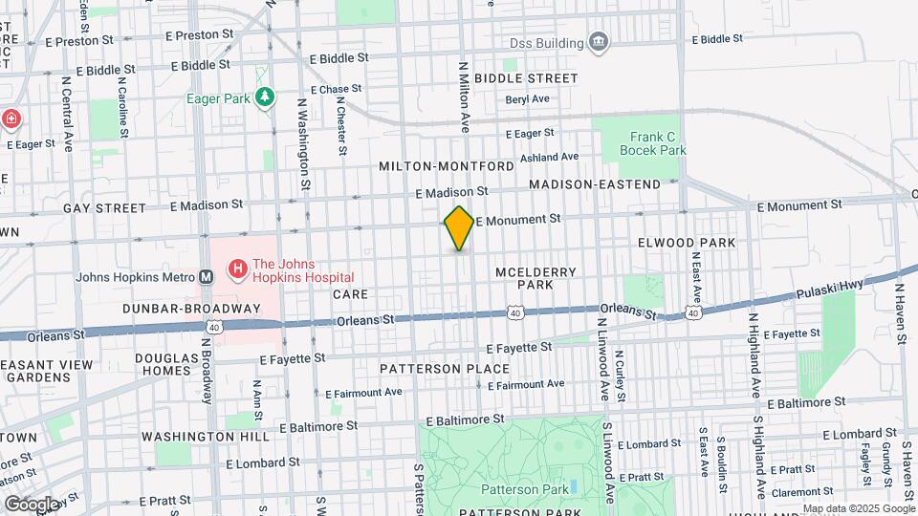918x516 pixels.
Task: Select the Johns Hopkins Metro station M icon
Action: click(206, 277)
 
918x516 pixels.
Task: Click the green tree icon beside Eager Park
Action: click(265, 97)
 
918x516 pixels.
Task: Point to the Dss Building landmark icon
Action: click(599, 42)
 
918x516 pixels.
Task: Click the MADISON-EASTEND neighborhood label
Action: click(594, 183)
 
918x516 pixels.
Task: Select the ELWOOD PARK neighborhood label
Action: click(687, 243)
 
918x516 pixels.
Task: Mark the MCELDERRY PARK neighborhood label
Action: click(535, 278)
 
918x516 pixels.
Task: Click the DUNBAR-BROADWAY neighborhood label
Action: click(191, 309)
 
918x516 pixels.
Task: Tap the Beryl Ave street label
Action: click(527, 99)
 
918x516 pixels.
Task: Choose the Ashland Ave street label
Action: click(549, 157)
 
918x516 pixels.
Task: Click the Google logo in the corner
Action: click(33, 504)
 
